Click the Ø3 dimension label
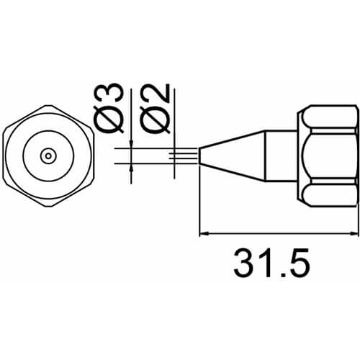point(109,108)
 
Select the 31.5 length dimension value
point(271,263)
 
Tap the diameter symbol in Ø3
point(109,120)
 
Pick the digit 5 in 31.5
point(299,263)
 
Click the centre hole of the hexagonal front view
point(48,156)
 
